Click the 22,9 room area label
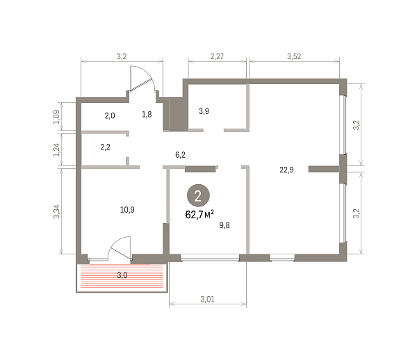tap(286, 170)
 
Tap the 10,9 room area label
tap(127, 210)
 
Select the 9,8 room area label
tap(224, 225)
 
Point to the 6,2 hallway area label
tap(180, 155)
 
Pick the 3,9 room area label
tap(204, 111)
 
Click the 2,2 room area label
tap(106, 147)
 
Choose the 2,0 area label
tap(110, 115)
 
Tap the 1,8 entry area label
tap(147, 115)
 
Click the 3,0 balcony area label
tap(122, 275)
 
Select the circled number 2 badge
tap(198, 195)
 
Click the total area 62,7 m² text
tap(199, 214)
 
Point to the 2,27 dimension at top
tap(217, 56)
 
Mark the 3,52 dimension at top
tap(294, 56)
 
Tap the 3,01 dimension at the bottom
tap(207, 299)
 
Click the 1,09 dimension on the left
tap(57, 117)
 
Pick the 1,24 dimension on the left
tap(57, 150)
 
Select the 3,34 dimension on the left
tap(57, 212)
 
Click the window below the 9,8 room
tap(210, 257)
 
